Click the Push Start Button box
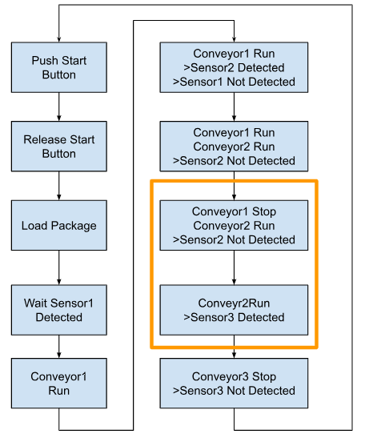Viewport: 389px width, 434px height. pyautogui.click(x=59, y=67)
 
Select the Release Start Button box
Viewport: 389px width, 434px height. pyautogui.click(x=59, y=147)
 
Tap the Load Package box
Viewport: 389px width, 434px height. pyautogui.click(x=59, y=225)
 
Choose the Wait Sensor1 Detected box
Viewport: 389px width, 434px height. pyautogui.click(x=59, y=310)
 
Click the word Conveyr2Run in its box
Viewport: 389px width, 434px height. pyautogui.click(x=234, y=303)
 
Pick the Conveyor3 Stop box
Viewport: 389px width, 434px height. pyautogui.click(x=234, y=383)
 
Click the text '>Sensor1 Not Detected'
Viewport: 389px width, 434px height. pyautogui.click(x=234, y=82)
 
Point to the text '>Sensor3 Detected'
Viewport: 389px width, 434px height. pyautogui.click(x=234, y=317)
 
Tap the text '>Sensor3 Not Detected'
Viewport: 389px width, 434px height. pyautogui.click(x=234, y=391)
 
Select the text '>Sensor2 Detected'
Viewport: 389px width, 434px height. pyautogui.click(x=234, y=67)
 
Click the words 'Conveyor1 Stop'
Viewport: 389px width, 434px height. pyautogui.click(x=234, y=211)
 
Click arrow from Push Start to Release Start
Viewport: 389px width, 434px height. pyautogui.click(x=59, y=106)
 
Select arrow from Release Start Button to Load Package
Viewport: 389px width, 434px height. pyautogui.click(x=59, y=186)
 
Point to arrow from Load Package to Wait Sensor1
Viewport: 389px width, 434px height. pyautogui.click(x=59, y=267)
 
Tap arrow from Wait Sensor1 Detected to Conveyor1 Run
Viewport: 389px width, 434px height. pyautogui.click(x=59, y=347)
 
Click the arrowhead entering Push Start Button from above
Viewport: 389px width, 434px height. pyautogui.click(x=59, y=39)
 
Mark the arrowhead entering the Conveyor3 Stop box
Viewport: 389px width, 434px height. pyautogui.click(x=234, y=356)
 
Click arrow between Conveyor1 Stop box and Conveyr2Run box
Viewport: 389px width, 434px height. pyautogui.click(x=234, y=267)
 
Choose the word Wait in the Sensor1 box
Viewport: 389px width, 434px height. pyautogui.click(x=34, y=303)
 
